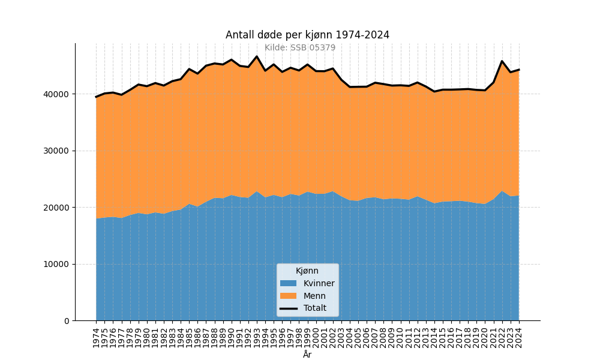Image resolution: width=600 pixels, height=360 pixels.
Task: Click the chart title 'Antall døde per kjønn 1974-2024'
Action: [307, 35]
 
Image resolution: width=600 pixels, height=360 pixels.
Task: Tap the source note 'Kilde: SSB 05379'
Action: [300, 48]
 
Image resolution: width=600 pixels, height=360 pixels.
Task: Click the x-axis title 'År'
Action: [307, 355]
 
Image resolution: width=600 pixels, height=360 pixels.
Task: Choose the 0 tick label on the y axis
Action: [67, 321]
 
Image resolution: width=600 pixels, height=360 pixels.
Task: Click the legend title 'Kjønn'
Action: [307, 271]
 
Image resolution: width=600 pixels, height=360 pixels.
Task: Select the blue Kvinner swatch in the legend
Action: [288, 283]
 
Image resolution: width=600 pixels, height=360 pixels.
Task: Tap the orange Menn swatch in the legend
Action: [288, 296]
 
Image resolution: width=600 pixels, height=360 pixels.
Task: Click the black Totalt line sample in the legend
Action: [288, 308]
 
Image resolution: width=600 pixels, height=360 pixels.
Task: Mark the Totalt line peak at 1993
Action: [257, 56]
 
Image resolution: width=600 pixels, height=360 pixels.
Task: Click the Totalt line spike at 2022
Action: [502, 61]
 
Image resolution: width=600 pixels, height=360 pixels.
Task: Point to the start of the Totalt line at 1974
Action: [96, 97]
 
